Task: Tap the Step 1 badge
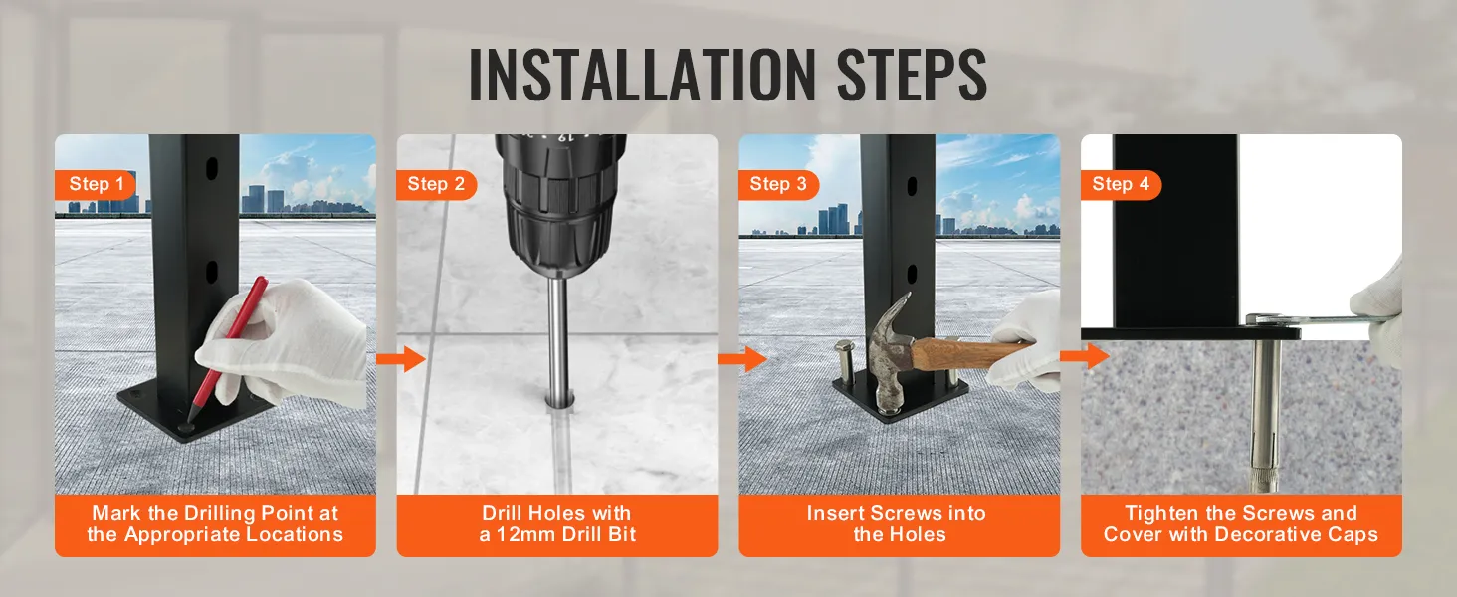[97, 184]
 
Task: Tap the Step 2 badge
[436, 184]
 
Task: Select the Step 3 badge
[778, 184]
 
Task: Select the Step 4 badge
[1121, 184]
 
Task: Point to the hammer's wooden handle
[970, 351]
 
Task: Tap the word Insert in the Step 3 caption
[843, 514]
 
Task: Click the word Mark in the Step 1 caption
[114, 514]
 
